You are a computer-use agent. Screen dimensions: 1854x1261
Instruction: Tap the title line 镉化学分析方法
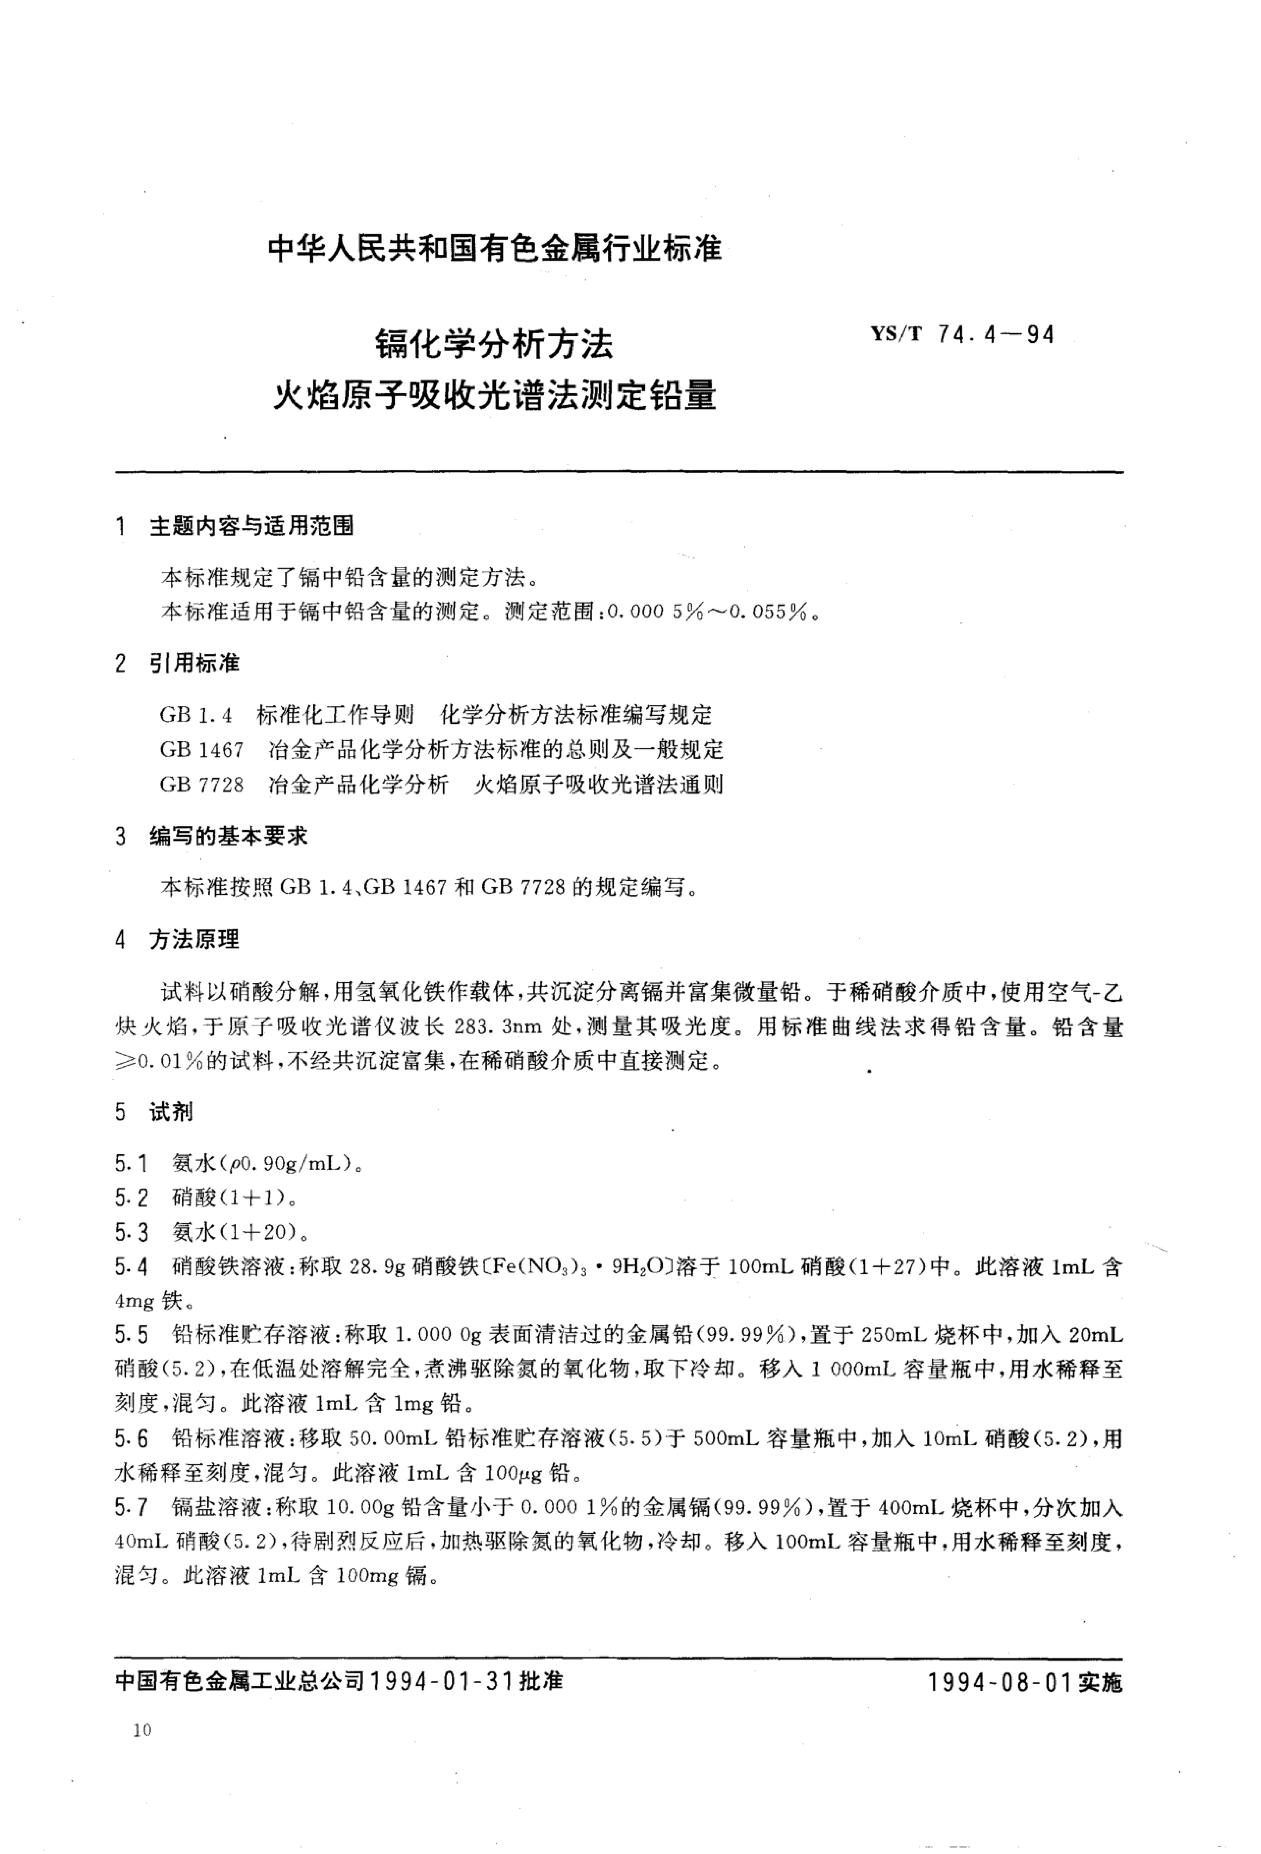pyautogui.click(x=494, y=345)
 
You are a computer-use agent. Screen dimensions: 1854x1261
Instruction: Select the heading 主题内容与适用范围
pyautogui.click(x=251, y=526)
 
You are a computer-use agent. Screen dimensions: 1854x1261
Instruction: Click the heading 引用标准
pyautogui.click(x=195, y=663)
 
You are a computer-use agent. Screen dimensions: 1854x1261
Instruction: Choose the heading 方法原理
pyautogui.click(x=195, y=940)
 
